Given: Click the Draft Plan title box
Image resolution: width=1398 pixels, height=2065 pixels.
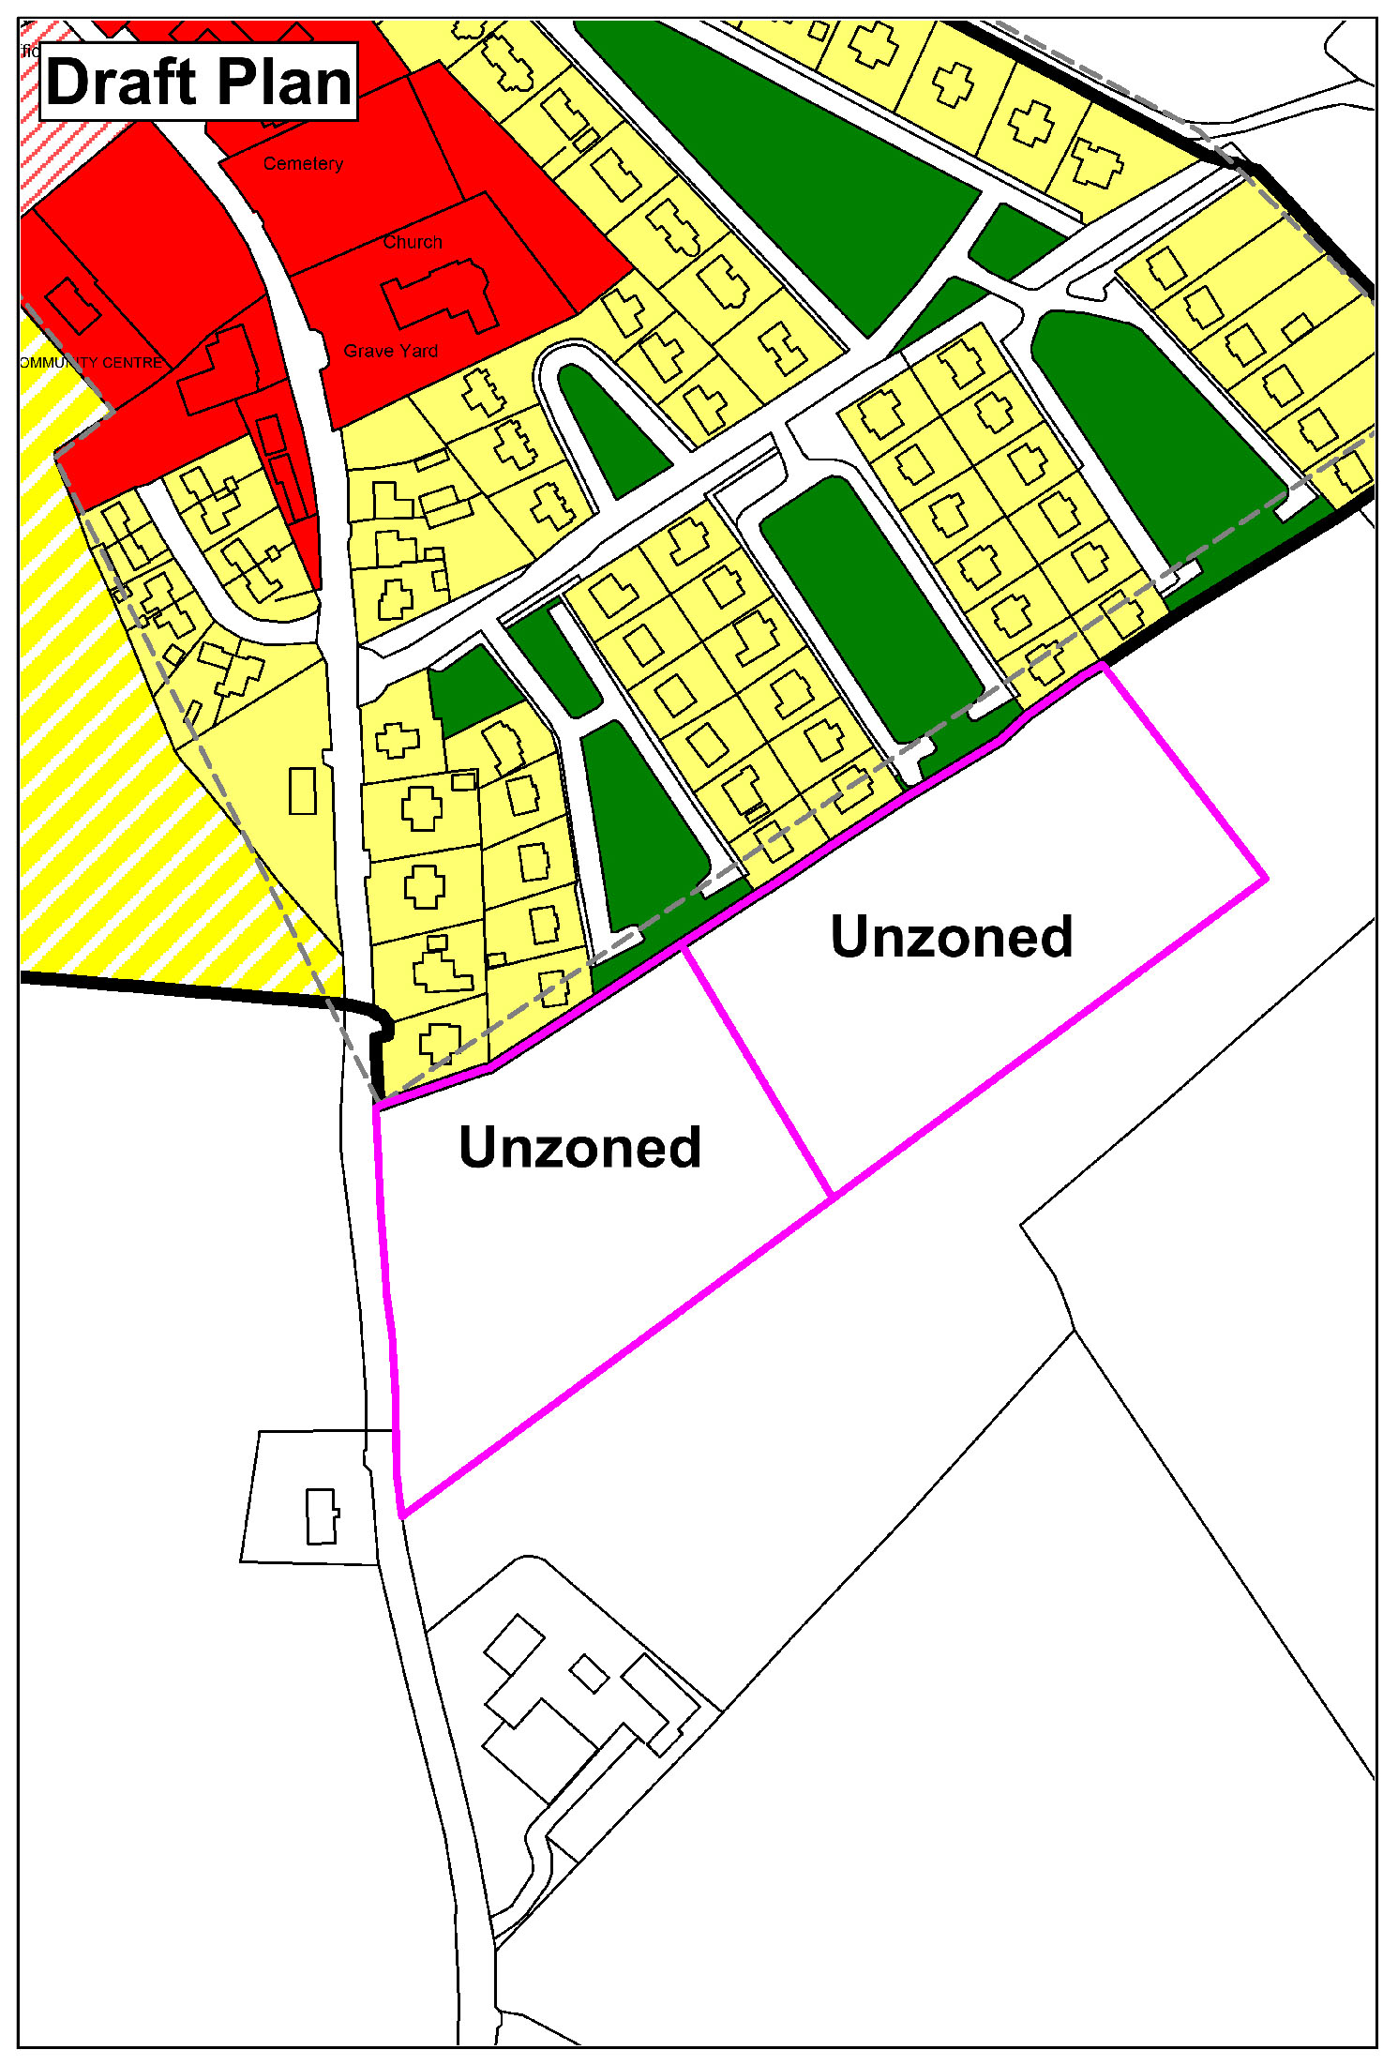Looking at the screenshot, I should pyautogui.click(x=199, y=82).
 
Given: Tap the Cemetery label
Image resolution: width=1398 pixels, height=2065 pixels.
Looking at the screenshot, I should pyautogui.click(x=302, y=163).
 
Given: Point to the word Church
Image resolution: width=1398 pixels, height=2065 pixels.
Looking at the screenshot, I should pyautogui.click(x=412, y=242).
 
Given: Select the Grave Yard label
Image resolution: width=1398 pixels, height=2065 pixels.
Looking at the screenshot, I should pyautogui.click(x=390, y=351).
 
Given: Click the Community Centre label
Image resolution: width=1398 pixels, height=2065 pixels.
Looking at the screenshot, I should pyautogui.click(x=91, y=362).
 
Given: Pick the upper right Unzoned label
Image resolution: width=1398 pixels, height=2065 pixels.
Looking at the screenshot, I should pyautogui.click(x=951, y=937).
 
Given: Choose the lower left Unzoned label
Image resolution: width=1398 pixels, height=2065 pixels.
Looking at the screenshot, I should pyautogui.click(x=579, y=1147).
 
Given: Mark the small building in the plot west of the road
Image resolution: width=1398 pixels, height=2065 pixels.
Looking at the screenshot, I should pyautogui.click(x=322, y=1516).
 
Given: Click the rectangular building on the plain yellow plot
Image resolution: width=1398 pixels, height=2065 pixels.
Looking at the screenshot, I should pyautogui.click(x=302, y=791).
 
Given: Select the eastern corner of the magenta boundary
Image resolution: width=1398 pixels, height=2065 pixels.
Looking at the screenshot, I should pyautogui.click(x=1266, y=879).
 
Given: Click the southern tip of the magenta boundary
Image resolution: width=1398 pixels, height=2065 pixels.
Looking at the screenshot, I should pyautogui.click(x=402, y=1515).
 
